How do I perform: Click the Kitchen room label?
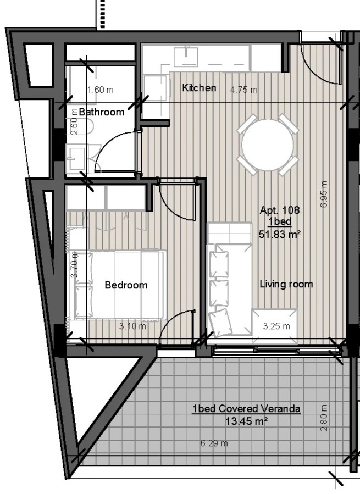[199, 87]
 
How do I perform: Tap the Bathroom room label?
[102, 112]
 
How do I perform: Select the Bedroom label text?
[126, 285]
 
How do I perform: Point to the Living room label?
[286, 284]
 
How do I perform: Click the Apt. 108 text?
[280, 210]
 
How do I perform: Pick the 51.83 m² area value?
[280, 235]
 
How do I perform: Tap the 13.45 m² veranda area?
[247, 421]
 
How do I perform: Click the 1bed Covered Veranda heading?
[247, 409]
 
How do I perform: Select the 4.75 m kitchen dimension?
[244, 90]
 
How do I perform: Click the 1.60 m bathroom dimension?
[100, 90]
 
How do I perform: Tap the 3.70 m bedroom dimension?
[74, 264]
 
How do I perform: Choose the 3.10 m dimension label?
[132, 326]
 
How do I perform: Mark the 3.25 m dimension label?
[276, 326]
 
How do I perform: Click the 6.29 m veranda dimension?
[214, 443]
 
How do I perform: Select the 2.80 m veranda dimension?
[324, 418]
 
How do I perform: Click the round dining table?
[268, 145]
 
